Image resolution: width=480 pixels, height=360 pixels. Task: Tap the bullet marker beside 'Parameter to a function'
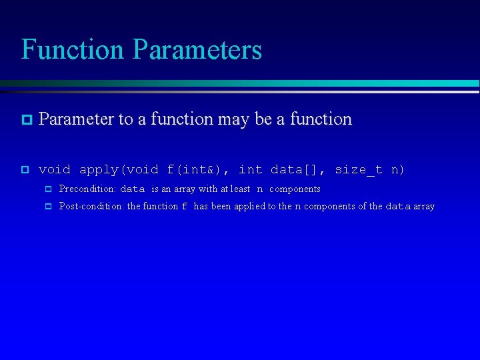pyautogui.click(x=25, y=120)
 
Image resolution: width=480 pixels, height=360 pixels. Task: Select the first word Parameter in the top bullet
pyautogui.click(x=76, y=119)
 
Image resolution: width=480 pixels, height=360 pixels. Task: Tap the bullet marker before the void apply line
pyautogui.click(x=25, y=170)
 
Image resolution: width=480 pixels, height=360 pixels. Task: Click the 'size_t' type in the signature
pyautogui.click(x=359, y=170)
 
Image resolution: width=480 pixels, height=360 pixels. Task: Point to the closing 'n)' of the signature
pyautogui.click(x=397, y=170)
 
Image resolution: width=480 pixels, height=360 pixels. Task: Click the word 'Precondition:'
pyautogui.click(x=87, y=189)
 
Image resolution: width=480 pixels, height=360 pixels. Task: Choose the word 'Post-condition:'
pyautogui.click(x=91, y=207)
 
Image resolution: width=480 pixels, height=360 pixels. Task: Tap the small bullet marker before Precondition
pyautogui.click(x=48, y=189)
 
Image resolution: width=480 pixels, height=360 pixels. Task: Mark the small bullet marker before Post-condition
pyautogui.click(x=48, y=207)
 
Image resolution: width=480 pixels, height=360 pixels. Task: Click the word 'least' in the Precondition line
pyautogui.click(x=240, y=189)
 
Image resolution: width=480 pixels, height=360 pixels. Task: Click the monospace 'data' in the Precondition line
pyautogui.click(x=132, y=189)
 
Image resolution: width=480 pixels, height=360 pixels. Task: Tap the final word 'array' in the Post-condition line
pyautogui.click(x=423, y=207)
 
